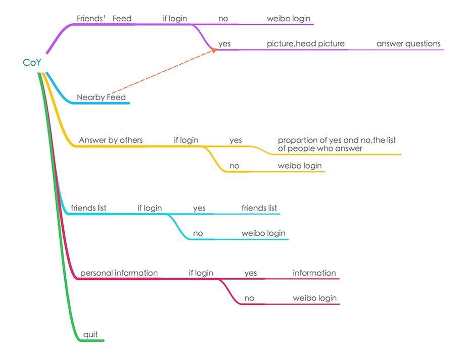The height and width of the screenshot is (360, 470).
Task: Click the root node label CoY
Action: click(x=32, y=63)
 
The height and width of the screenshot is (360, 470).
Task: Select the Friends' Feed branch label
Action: click(x=104, y=19)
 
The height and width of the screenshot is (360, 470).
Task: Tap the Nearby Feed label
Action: click(x=101, y=97)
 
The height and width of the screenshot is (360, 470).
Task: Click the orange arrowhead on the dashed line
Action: click(x=214, y=50)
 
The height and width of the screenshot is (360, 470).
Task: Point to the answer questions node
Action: click(x=408, y=44)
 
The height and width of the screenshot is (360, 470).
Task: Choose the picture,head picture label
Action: click(x=306, y=44)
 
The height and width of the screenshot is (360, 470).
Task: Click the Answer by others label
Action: click(x=111, y=140)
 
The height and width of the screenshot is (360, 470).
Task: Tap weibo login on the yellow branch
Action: click(x=299, y=166)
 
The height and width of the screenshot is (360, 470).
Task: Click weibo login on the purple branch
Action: click(x=289, y=19)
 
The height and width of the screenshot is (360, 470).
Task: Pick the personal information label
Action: click(x=119, y=273)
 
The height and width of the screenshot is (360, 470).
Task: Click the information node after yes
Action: click(x=314, y=273)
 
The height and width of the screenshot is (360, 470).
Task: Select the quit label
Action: click(x=90, y=334)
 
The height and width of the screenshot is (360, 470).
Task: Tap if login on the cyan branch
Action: click(x=150, y=208)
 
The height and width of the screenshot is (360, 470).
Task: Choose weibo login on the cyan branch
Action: click(x=263, y=233)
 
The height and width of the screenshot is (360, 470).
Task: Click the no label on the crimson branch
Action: click(x=249, y=298)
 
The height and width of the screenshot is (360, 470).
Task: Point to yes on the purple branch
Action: click(x=224, y=44)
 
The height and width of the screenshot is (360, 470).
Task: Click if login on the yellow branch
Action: click(x=186, y=140)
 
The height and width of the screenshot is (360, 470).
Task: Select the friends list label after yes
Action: click(x=259, y=208)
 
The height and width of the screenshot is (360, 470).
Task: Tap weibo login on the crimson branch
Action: click(x=314, y=298)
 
